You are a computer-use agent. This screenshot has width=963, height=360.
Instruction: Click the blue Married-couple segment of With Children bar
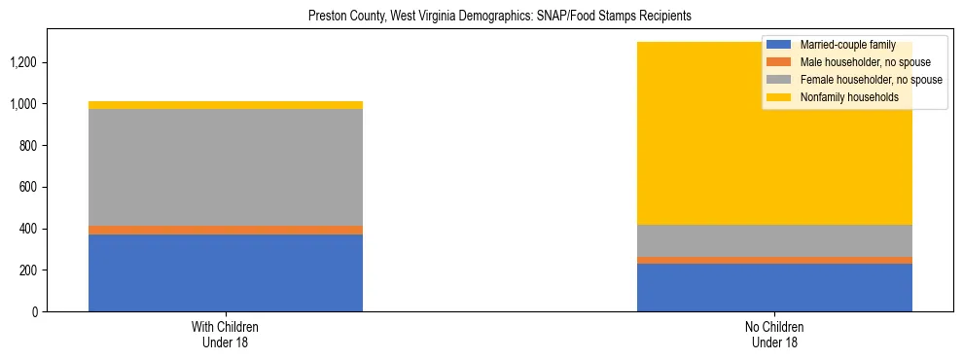[x=226, y=272]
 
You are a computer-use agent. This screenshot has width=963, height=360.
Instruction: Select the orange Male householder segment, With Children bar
[x=226, y=230]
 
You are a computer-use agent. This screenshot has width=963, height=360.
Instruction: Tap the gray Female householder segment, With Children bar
[x=226, y=167]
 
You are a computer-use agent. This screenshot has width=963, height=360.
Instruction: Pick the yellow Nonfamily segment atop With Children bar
[x=226, y=105]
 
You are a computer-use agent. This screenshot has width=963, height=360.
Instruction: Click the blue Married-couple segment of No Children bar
[x=774, y=287]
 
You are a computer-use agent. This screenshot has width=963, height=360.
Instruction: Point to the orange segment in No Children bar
[x=774, y=260]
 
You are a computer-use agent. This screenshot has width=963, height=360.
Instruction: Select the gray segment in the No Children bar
[x=774, y=240]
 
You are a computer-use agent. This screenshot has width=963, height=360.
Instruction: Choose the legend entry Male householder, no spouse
[x=857, y=62]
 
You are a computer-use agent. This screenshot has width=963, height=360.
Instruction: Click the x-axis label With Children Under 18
[x=226, y=334]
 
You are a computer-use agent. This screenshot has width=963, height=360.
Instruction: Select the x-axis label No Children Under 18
[x=774, y=334]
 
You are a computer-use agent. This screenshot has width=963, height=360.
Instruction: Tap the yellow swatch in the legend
[x=780, y=97]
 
